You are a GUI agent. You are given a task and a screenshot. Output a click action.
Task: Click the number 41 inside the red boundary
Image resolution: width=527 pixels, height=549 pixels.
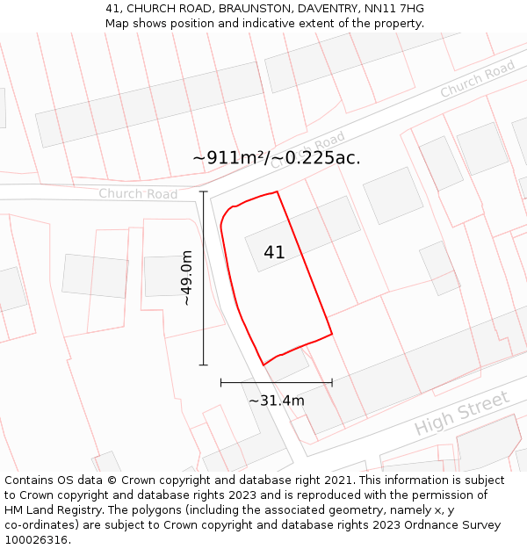point(274,252)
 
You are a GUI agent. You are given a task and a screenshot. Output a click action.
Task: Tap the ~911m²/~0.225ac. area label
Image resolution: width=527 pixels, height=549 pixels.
point(277,158)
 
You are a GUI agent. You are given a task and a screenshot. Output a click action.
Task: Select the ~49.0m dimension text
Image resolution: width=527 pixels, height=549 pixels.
point(186,278)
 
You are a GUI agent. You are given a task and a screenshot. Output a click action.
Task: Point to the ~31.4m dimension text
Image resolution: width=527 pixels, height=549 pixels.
point(277,401)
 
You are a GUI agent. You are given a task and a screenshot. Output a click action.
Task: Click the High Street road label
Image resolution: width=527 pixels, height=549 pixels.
point(462,414)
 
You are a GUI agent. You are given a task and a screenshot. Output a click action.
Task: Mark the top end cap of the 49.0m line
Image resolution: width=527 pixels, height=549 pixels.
point(204,191)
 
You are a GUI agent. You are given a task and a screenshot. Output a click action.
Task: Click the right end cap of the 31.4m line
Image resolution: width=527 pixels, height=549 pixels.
point(332,382)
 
